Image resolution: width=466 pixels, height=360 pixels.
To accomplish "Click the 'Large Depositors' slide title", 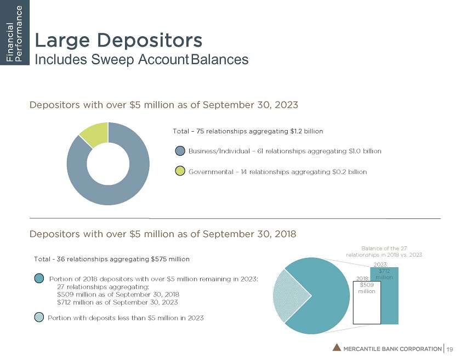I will tap(119, 40).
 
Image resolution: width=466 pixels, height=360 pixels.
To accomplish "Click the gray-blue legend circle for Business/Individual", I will tap(180, 151).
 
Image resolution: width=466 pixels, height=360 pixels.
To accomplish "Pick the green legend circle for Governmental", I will tap(180, 172).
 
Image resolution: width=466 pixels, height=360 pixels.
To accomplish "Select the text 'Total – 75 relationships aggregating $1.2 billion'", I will tap(248, 131).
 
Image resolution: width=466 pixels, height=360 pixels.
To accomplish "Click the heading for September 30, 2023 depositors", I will tap(164, 104).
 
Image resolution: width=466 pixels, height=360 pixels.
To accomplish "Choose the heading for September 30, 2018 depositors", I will tap(163, 234).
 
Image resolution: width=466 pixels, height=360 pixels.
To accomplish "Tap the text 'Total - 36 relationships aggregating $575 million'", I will tap(112, 258).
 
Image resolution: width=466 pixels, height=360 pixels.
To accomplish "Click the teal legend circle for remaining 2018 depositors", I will tap(39, 279).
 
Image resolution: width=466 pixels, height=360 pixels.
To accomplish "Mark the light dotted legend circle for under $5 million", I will tap(39, 317).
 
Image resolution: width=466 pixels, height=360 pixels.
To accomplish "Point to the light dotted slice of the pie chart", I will tap(283, 296).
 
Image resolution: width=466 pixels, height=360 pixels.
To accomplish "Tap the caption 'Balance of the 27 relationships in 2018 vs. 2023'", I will tap(384, 251).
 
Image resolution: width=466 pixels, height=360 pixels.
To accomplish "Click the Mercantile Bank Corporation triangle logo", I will tap(336, 347).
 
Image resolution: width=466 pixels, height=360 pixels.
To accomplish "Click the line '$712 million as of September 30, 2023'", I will tap(117, 302).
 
